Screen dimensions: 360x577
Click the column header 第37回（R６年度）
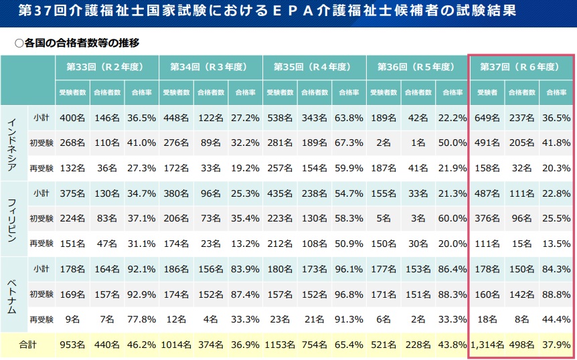click(521, 67)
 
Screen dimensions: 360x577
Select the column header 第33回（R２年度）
click(106, 67)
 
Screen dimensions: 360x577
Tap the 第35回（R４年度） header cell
click(314, 67)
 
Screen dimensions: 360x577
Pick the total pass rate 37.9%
click(556, 345)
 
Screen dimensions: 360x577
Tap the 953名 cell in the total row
click(72, 345)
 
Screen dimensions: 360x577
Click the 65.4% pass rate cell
click(348, 345)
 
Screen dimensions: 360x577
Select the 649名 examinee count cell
click(487, 118)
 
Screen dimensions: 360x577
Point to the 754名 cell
click(313, 345)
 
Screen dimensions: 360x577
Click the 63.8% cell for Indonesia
click(348, 118)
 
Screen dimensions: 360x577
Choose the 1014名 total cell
click(175, 345)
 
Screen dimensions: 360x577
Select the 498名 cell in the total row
click(521, 345)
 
